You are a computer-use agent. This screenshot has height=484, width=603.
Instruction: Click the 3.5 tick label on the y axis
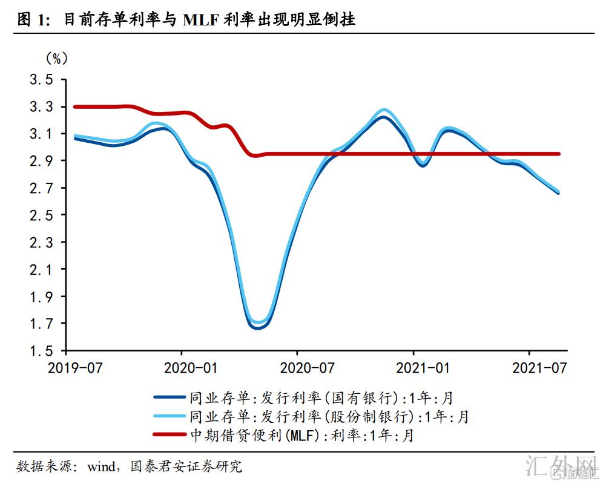pyautogui.click(x=41, y=80)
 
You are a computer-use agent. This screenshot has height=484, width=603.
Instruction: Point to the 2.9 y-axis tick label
pyautogui.click(x=41, y=161)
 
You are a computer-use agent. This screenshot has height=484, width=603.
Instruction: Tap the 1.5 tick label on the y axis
pyautogui.click(x=41, y=351)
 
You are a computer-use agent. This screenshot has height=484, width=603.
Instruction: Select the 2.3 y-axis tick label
pyautogui.click(x=41, y=243)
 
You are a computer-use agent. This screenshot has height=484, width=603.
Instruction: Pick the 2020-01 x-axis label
pyautogui.click(x=182, y=368)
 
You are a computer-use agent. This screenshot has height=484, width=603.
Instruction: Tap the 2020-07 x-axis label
pyautogui.click(x=297, y=368)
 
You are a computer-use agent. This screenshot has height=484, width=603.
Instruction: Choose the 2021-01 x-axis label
pyautogui.click(x=414, y=368)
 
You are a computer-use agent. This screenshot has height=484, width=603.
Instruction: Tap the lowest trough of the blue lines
pyautogui.click(x=257, y=327)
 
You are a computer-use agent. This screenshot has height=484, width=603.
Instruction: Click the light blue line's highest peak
pyautogui.click(x=384, y=110)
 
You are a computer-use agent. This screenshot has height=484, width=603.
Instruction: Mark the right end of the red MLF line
pyautogui.click(x=558, y=154)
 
